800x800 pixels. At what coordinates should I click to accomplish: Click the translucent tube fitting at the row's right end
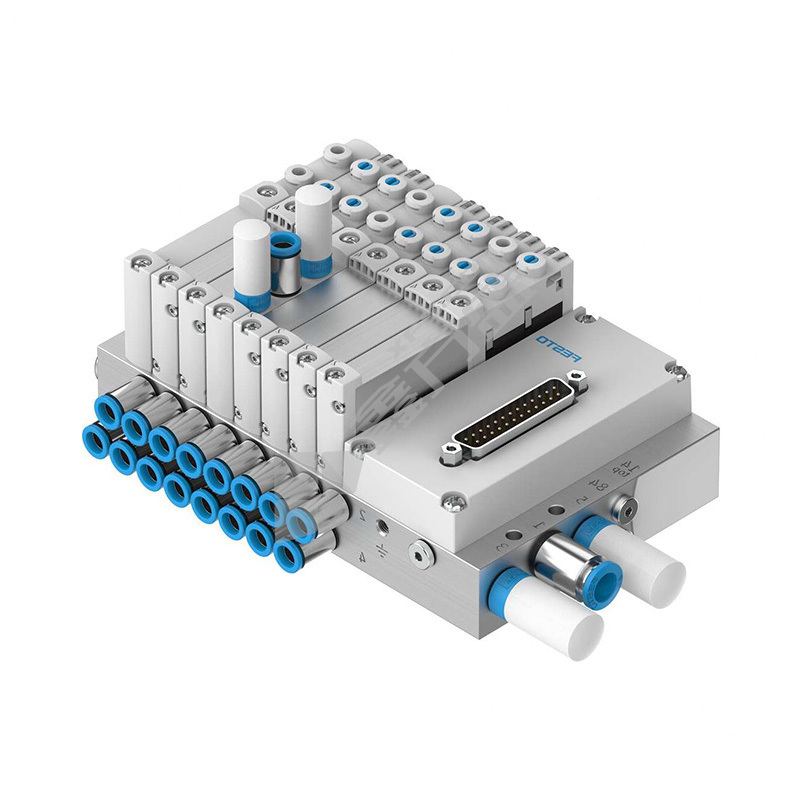pos(302,522)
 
